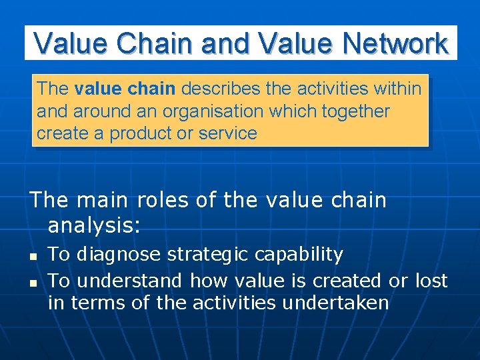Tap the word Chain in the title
coord(155,43)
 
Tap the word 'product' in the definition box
coord(141,133)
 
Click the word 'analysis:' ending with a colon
coord(94,226)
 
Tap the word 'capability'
coord(301,255)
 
